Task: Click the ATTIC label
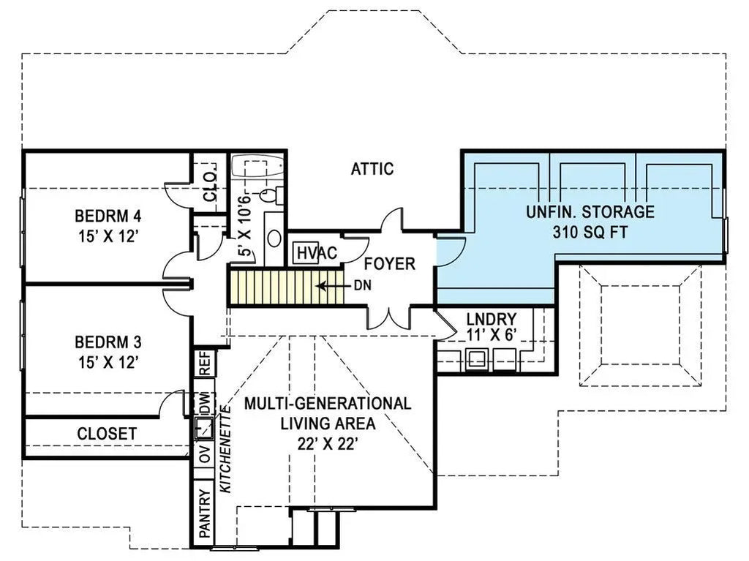(372, 169)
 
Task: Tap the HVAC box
(305, 253)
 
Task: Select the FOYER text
(389, 264)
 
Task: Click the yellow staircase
(278, 286)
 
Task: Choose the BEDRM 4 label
(108, 217)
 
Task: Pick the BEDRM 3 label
(108, 342)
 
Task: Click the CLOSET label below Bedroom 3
(107, 434)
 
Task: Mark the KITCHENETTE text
(226, 451)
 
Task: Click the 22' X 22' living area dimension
(327, 443)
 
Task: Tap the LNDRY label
(492, 319)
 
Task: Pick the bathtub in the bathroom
(257, 167)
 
